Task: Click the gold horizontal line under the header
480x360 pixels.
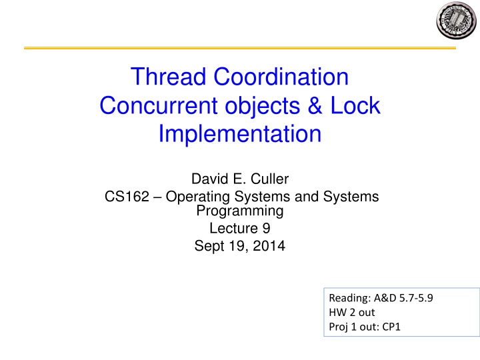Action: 239,48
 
